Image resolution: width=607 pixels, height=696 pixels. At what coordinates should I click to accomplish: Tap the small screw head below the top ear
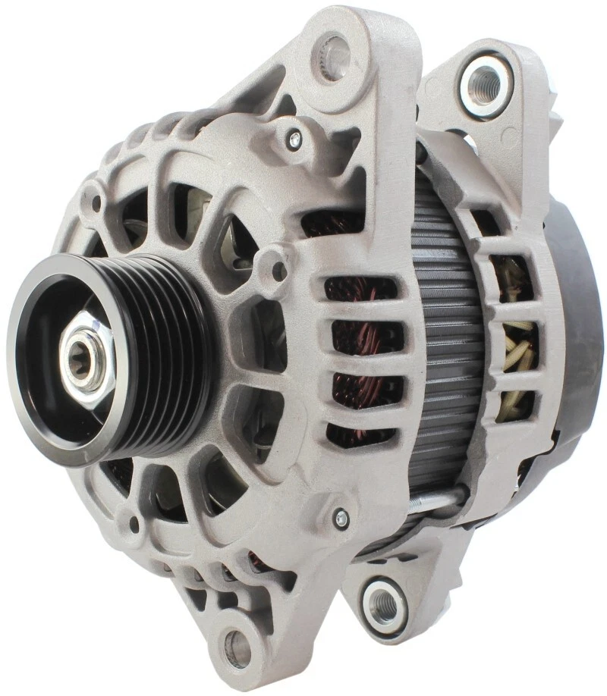(294, 139)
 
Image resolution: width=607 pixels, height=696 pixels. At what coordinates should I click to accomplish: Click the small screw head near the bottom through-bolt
(341, 518)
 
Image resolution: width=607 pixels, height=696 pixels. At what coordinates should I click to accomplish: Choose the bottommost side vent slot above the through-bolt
(360, 435)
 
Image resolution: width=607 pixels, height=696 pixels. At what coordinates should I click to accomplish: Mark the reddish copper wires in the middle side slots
(357, 341)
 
